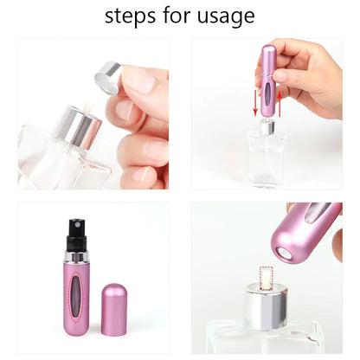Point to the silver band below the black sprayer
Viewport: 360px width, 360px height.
[x=70, y=254]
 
